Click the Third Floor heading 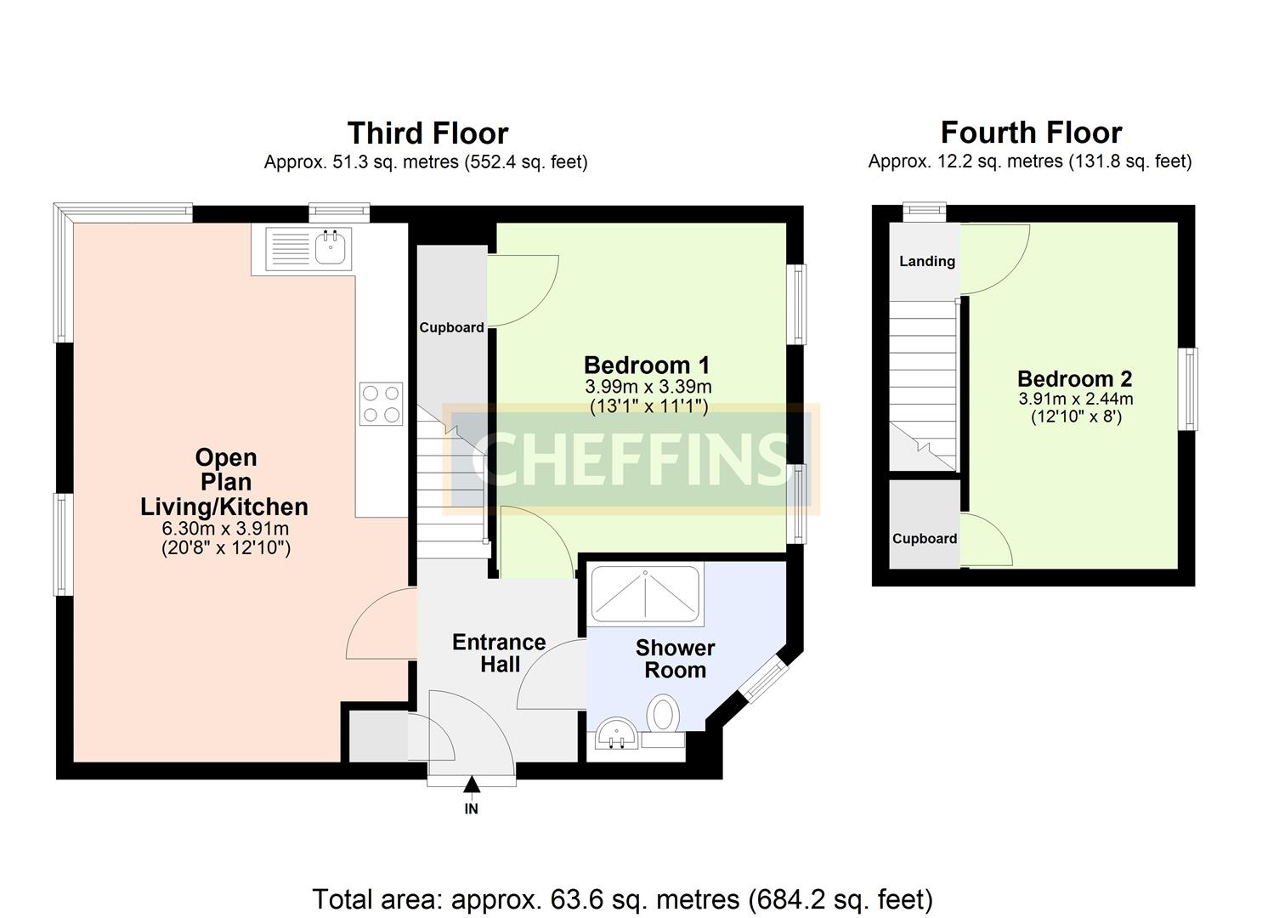tap(427, 133)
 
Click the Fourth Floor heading tap(1031, 133)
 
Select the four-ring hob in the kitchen tap(381, 405)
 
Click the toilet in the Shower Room tap(664, 712)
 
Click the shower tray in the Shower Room tap(646, 592)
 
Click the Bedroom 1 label tap(647, 365)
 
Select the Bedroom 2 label tap(1074, 379)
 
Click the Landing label tap(927, 262)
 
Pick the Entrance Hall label tap(499, 653)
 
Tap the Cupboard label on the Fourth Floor tap(925, 539)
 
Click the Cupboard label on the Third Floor tap(451, 327)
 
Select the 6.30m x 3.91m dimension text tap(225, 529)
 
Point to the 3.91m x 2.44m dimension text tap(1075, 399)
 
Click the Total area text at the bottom tap(622, 898)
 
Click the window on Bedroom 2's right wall tap(1189, 388)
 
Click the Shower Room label tap(675, 659)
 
